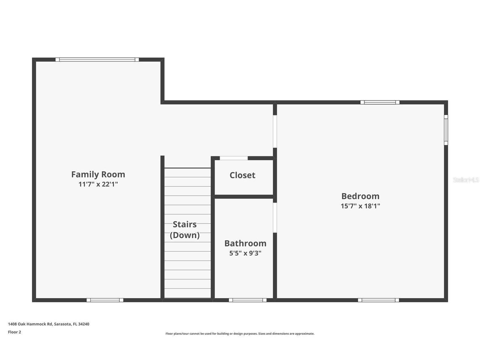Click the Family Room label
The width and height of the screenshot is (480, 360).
coord(98,174)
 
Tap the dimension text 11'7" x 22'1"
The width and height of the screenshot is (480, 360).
coord(98,184)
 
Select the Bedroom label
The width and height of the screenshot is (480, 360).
coord(360,196)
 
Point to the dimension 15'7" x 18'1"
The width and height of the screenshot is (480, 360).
coord(360,206)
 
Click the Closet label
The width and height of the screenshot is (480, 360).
coord(242,175)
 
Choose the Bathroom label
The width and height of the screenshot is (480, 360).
coord(245,243)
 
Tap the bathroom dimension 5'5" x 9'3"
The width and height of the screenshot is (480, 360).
coord(245,253)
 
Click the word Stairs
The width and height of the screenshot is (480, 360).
coord(184,224)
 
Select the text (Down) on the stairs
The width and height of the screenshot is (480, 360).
coord(184,235)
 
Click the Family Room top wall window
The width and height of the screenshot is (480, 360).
coord(97,60)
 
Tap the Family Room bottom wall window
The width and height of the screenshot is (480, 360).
coord(105,300)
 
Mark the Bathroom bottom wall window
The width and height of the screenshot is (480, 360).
coord(247,300)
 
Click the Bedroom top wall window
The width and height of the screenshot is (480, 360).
coord(380,102)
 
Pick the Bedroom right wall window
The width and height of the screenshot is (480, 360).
coord(446,130)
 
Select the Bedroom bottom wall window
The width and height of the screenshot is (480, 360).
coord(378,300)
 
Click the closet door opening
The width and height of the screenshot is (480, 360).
coord(234,158)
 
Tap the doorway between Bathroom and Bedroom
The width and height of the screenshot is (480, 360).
coord(275,218)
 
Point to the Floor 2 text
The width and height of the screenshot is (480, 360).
coord(14,332)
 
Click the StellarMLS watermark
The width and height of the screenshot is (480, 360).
coord(466,180)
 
